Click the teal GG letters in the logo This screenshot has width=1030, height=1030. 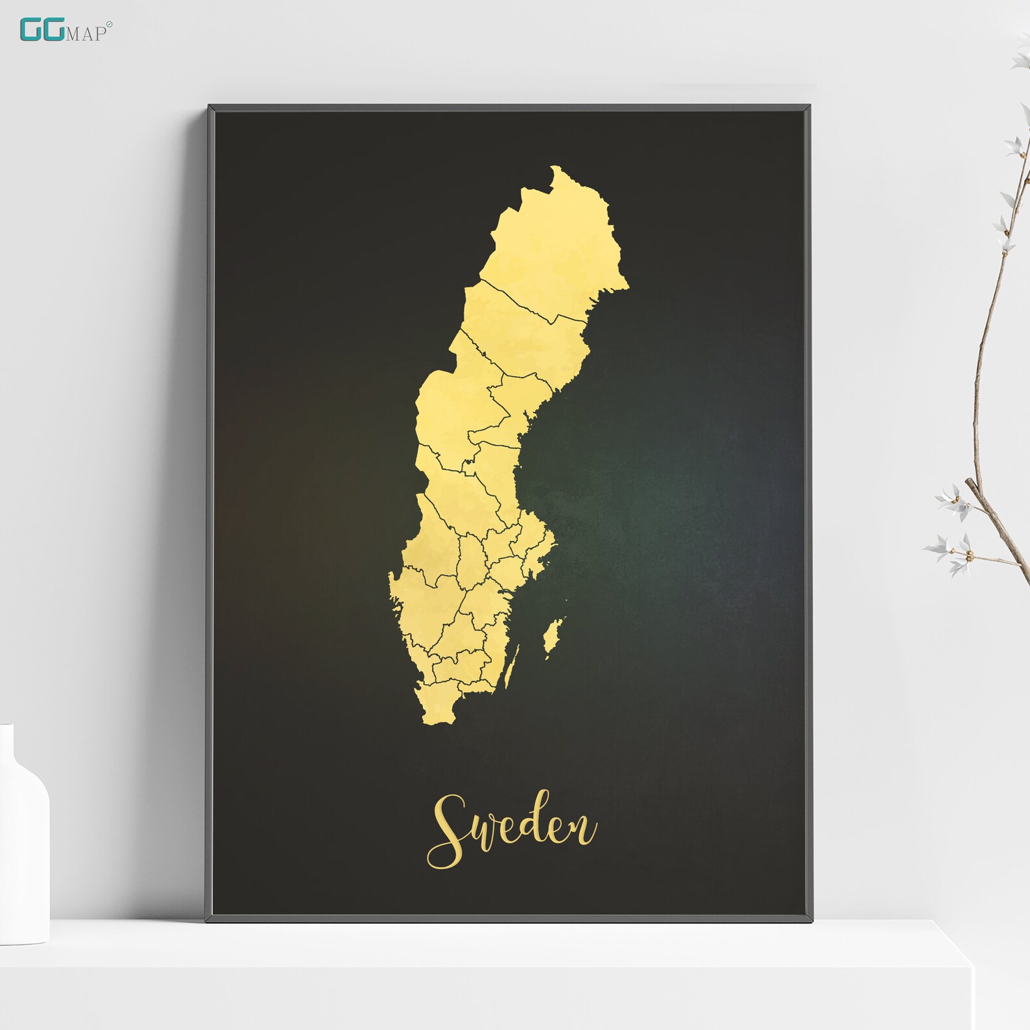pos(42,30)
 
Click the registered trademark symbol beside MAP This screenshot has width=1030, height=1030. pos(109,25)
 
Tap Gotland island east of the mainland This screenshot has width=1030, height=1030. pos(553,636)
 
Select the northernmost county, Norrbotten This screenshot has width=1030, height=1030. pos(558,246)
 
